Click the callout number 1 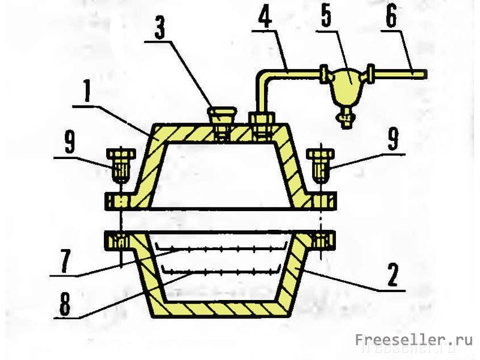click(x=88, y=91)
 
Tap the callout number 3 click(x=160, y=27)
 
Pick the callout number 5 click(x=326, y=16)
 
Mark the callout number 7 click(x=66, y=261)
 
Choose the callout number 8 click(x=65, y=304)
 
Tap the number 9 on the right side click(x=393, y=139)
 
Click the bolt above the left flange click(x=121, y=166)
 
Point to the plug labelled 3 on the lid click(x=222, y=123)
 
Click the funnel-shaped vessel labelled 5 click(x=346, y=87)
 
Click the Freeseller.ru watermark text click(x=413, y=340)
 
